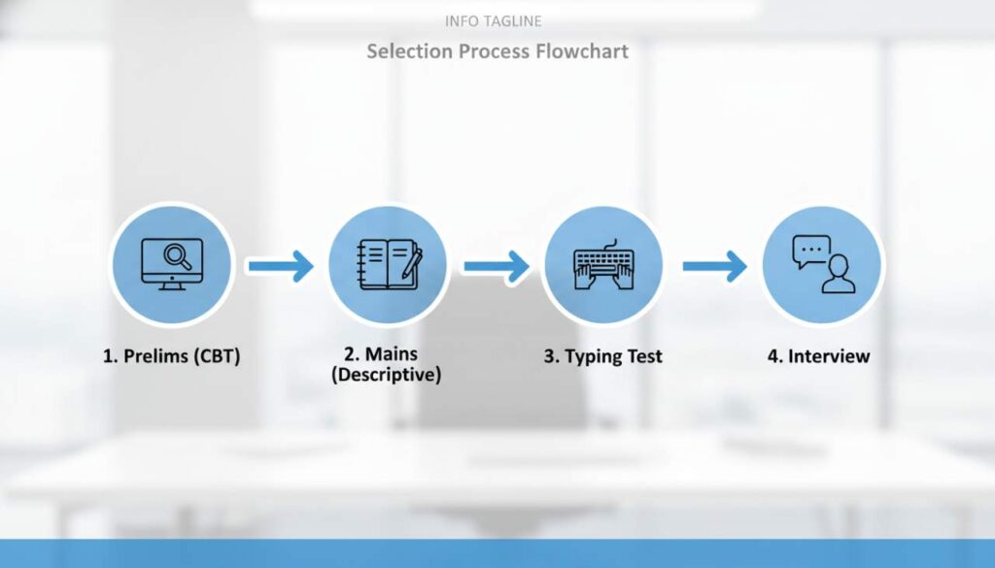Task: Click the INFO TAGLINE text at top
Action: pyautogui.click(x=493, y=20)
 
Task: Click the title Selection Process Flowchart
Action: pyautogui.click(x=497, y=50)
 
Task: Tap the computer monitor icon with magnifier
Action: pyautogui.click(x=172, y=264)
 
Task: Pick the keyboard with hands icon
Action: pyautogui.click(x=602, y=265)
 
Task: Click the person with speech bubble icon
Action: pyautogui.click(x=822, y=264)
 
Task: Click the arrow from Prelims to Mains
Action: pyautogui.click(x=280, y=265)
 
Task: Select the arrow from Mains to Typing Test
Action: pyautogui.click(x=496, y=265)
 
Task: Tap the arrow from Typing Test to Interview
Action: pyautogui.click(x=714, y=265)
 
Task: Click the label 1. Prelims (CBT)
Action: pyautogui.click(x=171, y=356)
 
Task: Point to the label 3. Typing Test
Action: pyautogui.click(x=602, y=356)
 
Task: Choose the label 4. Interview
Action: pyautogui.click(x=818, y=356)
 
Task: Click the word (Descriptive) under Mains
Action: pyautogui.click(x=386, y=375)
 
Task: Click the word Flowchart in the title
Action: pyautogui.click(x=582, y=50)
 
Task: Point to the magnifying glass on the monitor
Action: pyautogui.click(x=178, y=256)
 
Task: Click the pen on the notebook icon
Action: pyautogui.click(x=412, y=263)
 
